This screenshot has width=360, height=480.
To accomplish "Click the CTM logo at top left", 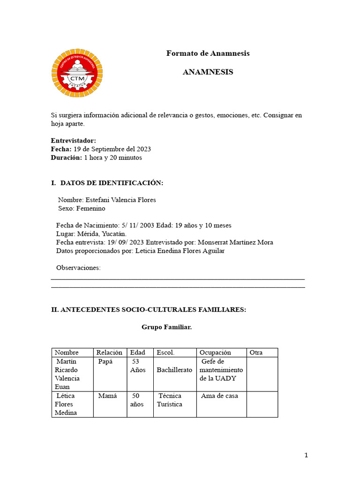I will pyautogui.click(x=77, y=72).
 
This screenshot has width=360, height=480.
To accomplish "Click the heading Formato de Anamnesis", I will pyautogui.click(x=208, y=53).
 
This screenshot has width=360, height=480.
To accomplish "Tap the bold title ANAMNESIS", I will pyautogui.click(x=208, y=72).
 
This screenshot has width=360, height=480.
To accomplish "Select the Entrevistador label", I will pyautogui.click(x=73, y=141).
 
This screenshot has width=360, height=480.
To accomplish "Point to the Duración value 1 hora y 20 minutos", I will pyautogui.click(x=113, y=157).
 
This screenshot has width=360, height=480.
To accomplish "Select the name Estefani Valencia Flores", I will pyautogui.click(x=120, y=200).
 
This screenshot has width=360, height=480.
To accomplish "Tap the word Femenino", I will pyautogui.click(x=90, y=208).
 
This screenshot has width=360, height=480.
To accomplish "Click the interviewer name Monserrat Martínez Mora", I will pyautogui.click(x=235, y=242).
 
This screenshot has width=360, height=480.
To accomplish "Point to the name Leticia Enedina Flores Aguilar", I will pyautogui.click(x=180, y=251).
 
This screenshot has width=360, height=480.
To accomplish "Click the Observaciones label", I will pyautogui.click(x=78, y=268).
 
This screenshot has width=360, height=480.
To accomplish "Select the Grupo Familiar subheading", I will pyautogui.click(x=166, y=327).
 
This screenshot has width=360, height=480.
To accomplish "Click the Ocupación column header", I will pyautogui.click(x=215, y=352).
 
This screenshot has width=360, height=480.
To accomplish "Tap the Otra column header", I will pyautogui.click(x=256, y=352).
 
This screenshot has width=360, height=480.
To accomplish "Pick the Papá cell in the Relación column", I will pyautogui.click(x=105, y=361).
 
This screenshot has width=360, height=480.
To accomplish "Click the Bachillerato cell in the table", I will pyautogui.click(x=174, y=370).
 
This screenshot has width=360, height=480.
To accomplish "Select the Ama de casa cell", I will pyautogui.click(x=219, y=396).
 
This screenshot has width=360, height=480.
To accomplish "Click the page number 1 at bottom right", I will pyautogui.click(x=306, y=455).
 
